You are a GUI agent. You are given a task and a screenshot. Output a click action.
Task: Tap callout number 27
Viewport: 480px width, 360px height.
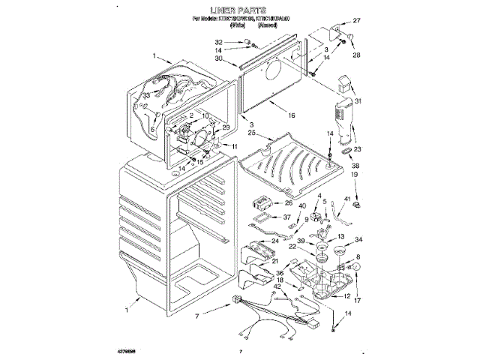(358, 20)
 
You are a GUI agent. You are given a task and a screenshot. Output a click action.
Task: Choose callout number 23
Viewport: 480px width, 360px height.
(357, 128)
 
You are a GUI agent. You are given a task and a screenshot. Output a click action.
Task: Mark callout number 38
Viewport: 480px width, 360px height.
(356, 166)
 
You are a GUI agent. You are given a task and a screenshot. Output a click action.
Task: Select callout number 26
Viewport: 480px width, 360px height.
(288, 202)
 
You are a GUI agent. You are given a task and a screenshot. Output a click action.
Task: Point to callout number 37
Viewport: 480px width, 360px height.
(285, 217)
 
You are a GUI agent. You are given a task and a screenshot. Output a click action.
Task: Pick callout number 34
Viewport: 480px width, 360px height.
(358, 240)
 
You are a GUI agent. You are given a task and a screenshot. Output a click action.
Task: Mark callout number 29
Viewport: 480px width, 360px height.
(225, 127)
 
